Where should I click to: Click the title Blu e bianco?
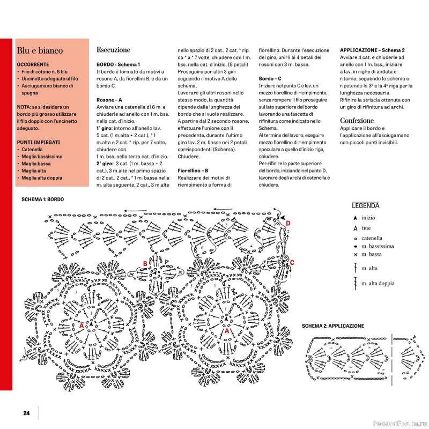click(40, 51)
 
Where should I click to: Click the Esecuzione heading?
click(113, 50)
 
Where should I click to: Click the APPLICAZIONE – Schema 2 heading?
click(372, 50)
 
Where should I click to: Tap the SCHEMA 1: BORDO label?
click(42, 199)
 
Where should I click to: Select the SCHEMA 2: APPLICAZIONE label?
click(332, 326)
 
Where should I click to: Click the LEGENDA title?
click(366, 205)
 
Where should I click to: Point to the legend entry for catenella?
click(372, 238)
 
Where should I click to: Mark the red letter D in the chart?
click(288, 223)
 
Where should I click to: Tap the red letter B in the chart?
click(145, 263)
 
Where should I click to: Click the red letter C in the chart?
click(292, 262)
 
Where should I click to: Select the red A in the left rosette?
click(81, 326)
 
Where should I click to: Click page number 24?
click(26, 412)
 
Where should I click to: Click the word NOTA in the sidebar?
click(24, 108)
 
